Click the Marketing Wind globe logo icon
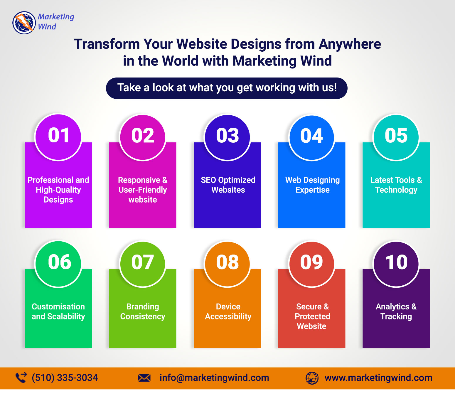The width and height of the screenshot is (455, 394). click(x=24, y=23)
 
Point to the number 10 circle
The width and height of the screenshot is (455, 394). click(x=396, y=264)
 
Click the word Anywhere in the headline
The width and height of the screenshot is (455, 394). click(x=350, y=44)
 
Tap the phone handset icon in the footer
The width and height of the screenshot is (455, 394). click(x=21, y=378)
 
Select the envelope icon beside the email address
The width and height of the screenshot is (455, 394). click(x=144, y=378)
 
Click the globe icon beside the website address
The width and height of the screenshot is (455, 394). click(x=312, y=378)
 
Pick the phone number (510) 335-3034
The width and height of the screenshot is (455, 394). click(x=65, y=378)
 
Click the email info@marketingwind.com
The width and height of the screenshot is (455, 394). click(x=214, y=378)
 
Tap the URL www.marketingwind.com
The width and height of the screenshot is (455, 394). click(x=378, y=378)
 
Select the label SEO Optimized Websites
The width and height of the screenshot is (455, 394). click(x=228, y=185)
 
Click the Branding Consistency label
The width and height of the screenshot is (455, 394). click(x=143, y=312)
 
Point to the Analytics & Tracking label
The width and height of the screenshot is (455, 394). click(x=396, y=312)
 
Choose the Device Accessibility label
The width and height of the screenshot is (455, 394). click(x=228, y=312)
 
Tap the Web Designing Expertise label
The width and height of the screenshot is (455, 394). click(x=312, y=185)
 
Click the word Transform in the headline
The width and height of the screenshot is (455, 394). click(x=107, y=44)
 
